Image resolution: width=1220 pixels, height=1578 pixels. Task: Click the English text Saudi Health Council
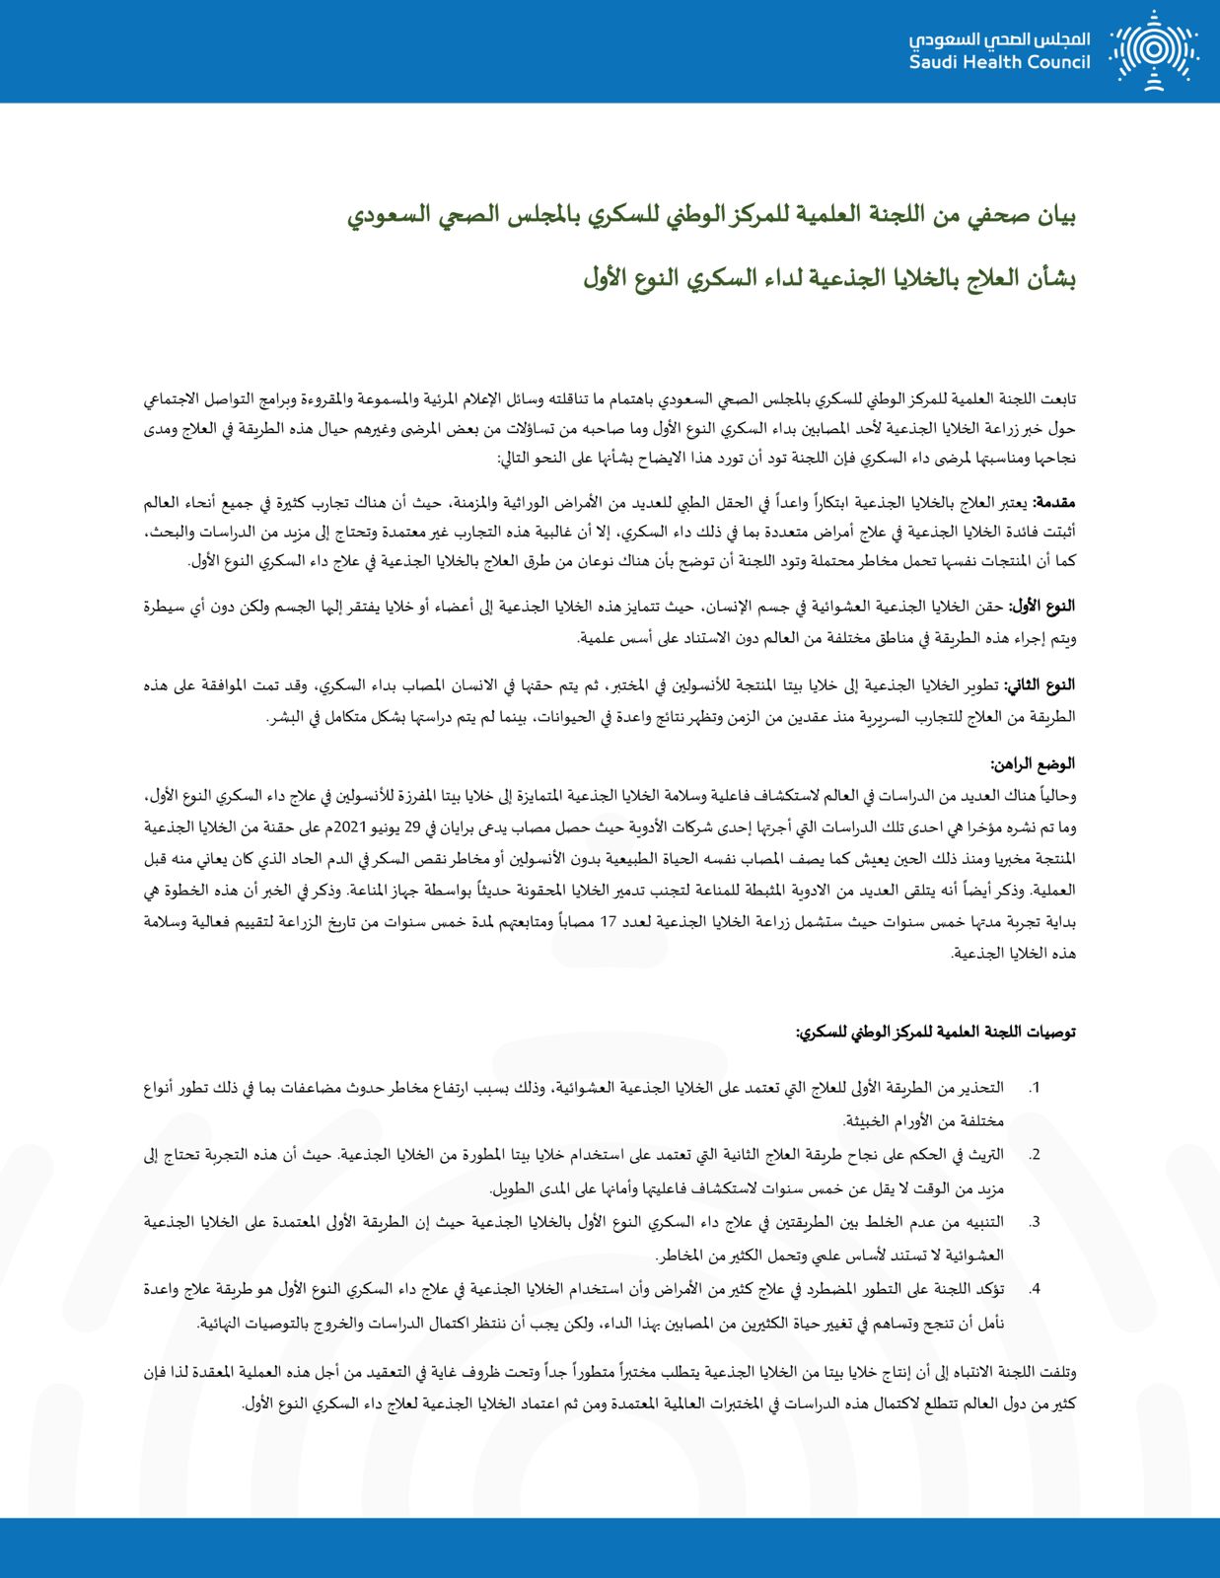click(x=999, y=62)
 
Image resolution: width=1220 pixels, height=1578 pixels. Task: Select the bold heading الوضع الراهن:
click(x=1033, y=763)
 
